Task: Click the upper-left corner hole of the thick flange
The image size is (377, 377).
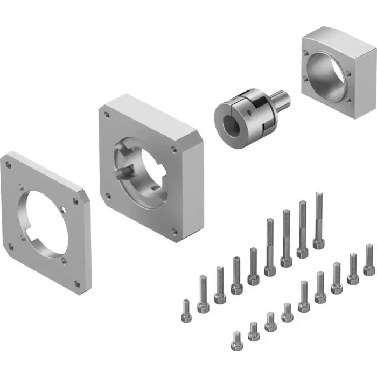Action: pos(107,114)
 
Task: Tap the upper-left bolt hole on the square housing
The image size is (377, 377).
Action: pos(306,53)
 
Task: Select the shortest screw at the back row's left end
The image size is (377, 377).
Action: pos(186,312)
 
